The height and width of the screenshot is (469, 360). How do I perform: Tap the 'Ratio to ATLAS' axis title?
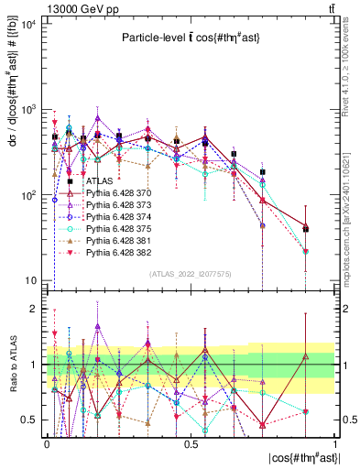tap(13, 364)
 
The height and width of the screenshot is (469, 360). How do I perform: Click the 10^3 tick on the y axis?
tap(28, 110)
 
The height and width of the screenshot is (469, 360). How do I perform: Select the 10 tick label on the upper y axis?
tap(30, 280)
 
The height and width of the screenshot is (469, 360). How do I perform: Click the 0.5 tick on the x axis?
tap(191, 443)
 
